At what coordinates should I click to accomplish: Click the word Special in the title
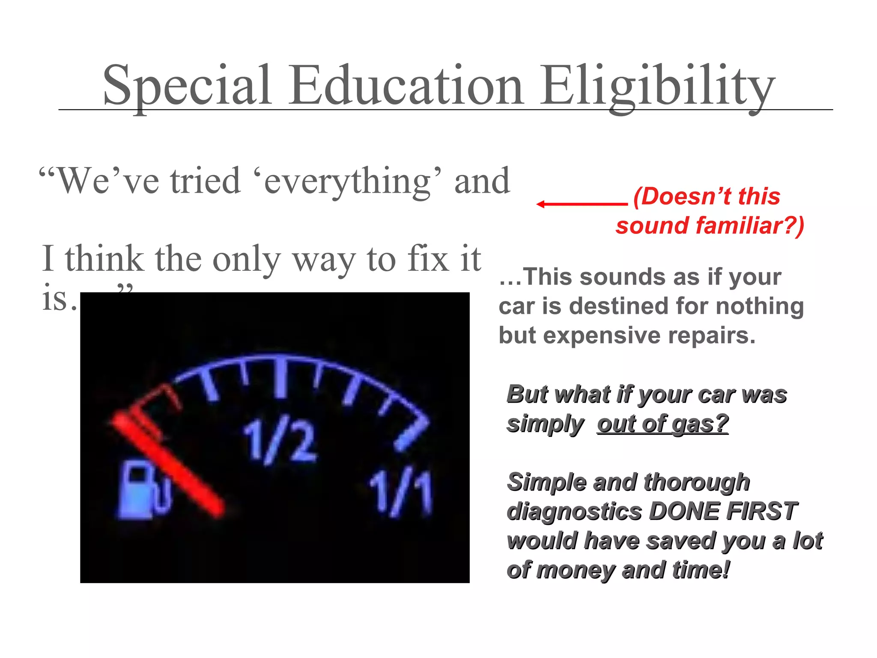point(187,86)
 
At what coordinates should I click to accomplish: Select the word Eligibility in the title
point(657,86)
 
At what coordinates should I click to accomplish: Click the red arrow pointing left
point(582,204)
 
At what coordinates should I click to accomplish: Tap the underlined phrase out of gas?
point(662,424)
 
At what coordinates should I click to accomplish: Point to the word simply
point(545,424)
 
